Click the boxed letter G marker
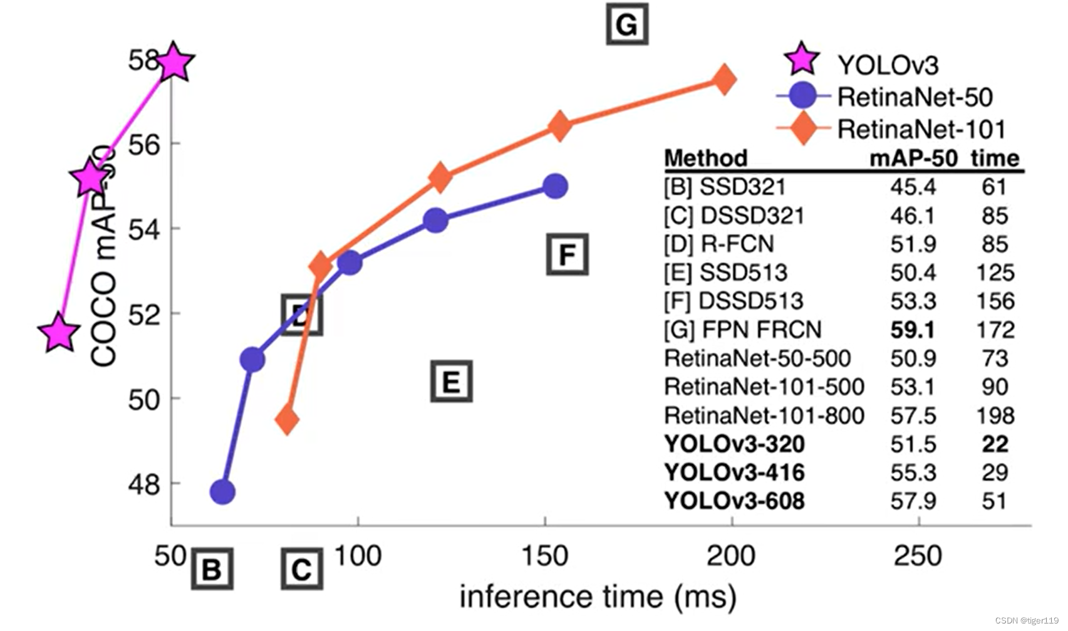point(626,24)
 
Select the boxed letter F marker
point(567,254)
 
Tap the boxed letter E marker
point(451,381)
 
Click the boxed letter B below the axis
point(212,569)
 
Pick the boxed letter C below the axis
point(302,569)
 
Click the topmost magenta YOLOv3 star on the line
point(174,63)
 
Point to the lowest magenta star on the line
point(59,333)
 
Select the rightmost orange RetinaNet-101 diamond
point(725,80)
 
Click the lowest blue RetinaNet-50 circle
point(222,492)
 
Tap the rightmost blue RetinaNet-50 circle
point(555,186)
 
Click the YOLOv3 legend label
point(888,65)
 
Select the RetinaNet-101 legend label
point(921,130)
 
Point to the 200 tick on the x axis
point(731,555)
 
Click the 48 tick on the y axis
point(144,484)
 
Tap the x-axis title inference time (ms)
point(598,596)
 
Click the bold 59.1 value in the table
point(913,330)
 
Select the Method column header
point(705,157)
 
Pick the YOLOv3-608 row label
point(734,501)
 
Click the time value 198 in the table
point(995,415)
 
